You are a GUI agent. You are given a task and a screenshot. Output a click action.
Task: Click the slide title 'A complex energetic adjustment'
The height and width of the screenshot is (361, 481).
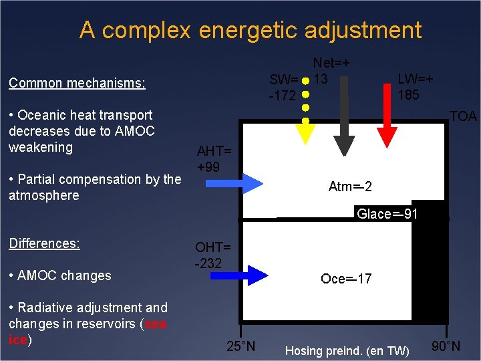[x=250, y=30]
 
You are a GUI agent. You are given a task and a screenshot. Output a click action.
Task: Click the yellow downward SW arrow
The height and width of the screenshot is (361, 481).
[x=305, y=130]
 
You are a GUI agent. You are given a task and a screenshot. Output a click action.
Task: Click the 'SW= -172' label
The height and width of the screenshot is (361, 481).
[x=283, y=88]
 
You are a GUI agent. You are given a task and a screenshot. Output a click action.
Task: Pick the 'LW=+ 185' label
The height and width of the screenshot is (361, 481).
[x=415, y=86]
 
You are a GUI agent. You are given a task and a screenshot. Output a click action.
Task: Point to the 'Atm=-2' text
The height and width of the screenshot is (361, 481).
[x=350, y=187]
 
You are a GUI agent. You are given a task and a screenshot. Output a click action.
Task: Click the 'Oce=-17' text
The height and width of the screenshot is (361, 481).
[x=346, y=279]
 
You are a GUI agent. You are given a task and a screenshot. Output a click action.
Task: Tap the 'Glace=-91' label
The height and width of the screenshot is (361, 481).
[x=387, y=214]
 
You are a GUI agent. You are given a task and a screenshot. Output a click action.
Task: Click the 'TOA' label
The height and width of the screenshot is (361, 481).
[x=462, y=116]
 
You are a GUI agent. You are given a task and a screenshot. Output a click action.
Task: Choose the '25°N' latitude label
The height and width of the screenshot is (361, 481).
[x=240, y=346]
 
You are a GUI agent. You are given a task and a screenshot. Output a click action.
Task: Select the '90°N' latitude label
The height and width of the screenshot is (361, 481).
[x=446, y=346]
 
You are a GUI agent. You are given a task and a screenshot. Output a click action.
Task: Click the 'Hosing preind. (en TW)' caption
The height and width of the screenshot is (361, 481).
[x=347, y=350]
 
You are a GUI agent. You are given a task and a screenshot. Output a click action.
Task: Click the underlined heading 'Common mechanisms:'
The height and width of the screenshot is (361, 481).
[x=77, y=84]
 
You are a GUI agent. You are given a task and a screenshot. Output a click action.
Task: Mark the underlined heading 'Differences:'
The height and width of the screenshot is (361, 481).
[x=44, y=243]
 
